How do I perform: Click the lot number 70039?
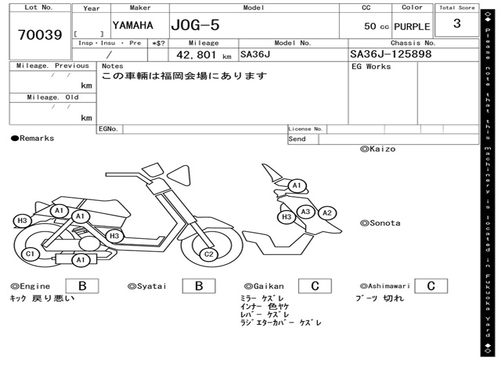point(40,35)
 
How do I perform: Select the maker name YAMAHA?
point(133,25)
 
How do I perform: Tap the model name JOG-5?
point(195,25)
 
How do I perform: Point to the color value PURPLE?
point(412,26)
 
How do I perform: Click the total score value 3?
point(457,23)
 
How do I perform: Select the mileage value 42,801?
point(196,55)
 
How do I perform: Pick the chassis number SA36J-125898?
point(391,54)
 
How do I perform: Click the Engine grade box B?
point(82,286)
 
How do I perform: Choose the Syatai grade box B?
point(199,286)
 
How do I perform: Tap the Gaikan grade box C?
point(315,286)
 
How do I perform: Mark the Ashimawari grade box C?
point(431,286)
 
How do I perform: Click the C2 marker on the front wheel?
point(208,254)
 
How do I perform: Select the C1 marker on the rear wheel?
point(30,254)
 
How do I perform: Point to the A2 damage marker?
point(327,213)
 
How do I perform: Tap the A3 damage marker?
point(306,211)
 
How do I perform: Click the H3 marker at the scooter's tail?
point(22,221)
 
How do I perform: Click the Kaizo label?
point(378,149)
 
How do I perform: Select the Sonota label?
point(380,223)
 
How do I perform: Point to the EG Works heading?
point(371,67)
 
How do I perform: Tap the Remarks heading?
point(33,138)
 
